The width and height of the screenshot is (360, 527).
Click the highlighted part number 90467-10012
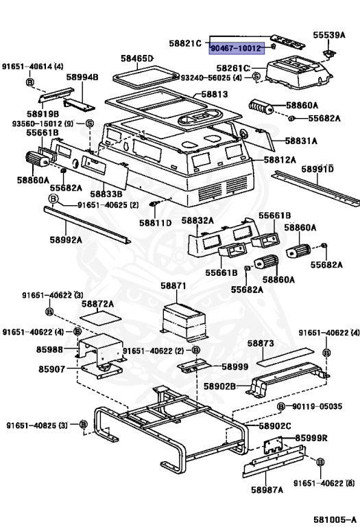coord(236,49)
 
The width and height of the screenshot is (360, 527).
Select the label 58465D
coord(137,59)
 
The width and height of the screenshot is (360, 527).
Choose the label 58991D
coord(317,168)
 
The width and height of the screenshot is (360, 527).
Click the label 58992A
coord(66,239)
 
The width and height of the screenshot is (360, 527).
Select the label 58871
coord(173,285)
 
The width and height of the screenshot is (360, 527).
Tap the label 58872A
coord(98,303)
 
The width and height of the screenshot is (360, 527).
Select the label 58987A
coord(267,490)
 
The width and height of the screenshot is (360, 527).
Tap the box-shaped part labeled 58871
coord(184,320)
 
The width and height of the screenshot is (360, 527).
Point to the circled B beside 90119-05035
coord(281,407)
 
